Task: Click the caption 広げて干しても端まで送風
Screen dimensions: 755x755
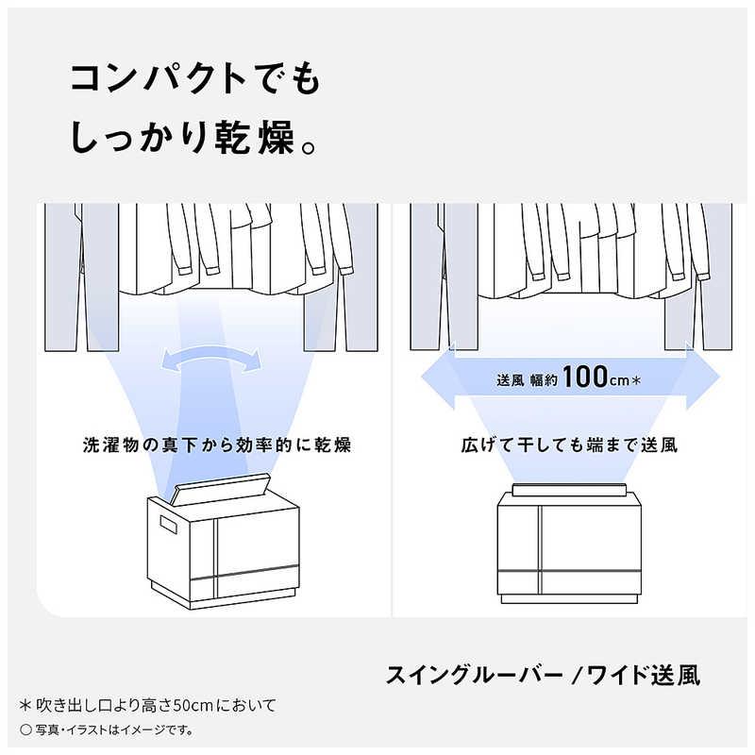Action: click(569, 444)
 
